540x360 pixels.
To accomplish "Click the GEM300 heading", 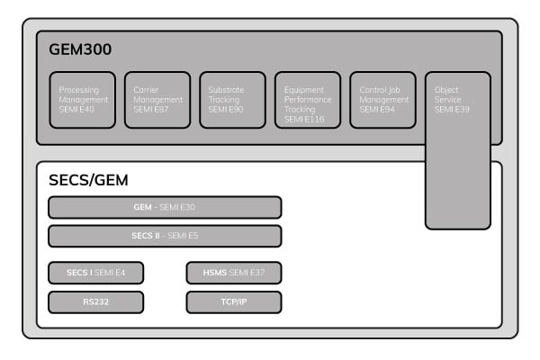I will click(x=80, y=50).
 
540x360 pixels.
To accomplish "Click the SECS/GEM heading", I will click(x=89, y=180).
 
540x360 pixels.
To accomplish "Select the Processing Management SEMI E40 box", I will click(x=82, y=100).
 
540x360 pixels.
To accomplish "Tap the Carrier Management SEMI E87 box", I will click(x=157, y=100).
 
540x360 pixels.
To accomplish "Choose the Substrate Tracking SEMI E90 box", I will click(x=232, y=100).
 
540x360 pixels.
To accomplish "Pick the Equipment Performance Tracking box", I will click(x=308, y=100).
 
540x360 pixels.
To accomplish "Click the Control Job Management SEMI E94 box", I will click(x=382, y=100).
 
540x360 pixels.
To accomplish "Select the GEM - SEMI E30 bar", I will click(x=165, y=207).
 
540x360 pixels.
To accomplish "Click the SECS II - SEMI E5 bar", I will click(x=165, y=236).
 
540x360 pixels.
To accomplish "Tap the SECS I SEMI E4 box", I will click(x=95, y=273).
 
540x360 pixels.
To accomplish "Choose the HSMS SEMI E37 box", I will click(x=234, y=273).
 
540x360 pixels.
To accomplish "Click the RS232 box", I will click(x=95, y=301).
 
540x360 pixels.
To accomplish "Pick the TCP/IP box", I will click(x=234, y=301).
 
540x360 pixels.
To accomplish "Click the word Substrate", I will click(x=225, y=90).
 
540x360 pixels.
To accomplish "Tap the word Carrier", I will click(x=146, y=90).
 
